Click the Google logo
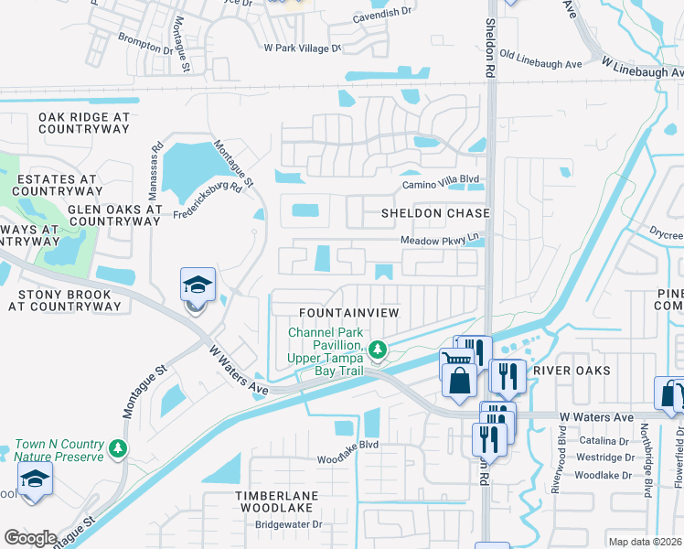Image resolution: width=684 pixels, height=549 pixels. [x=30, y=538]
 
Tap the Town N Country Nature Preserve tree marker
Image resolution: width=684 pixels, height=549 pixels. [x=117, y=448]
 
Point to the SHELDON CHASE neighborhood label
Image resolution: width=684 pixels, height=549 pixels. [x=436, y=213]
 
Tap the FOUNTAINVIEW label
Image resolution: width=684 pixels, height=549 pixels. [x=349, y=313]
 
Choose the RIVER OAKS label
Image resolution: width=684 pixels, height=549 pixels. [x=570, y=371]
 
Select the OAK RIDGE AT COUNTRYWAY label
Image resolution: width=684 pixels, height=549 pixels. [x=84, y=124]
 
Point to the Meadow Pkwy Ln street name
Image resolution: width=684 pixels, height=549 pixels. [x=440, y=241]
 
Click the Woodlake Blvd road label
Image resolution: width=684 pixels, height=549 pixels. [x=347, y=445]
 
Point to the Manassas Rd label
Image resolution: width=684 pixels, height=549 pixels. [x=157, y=162]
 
